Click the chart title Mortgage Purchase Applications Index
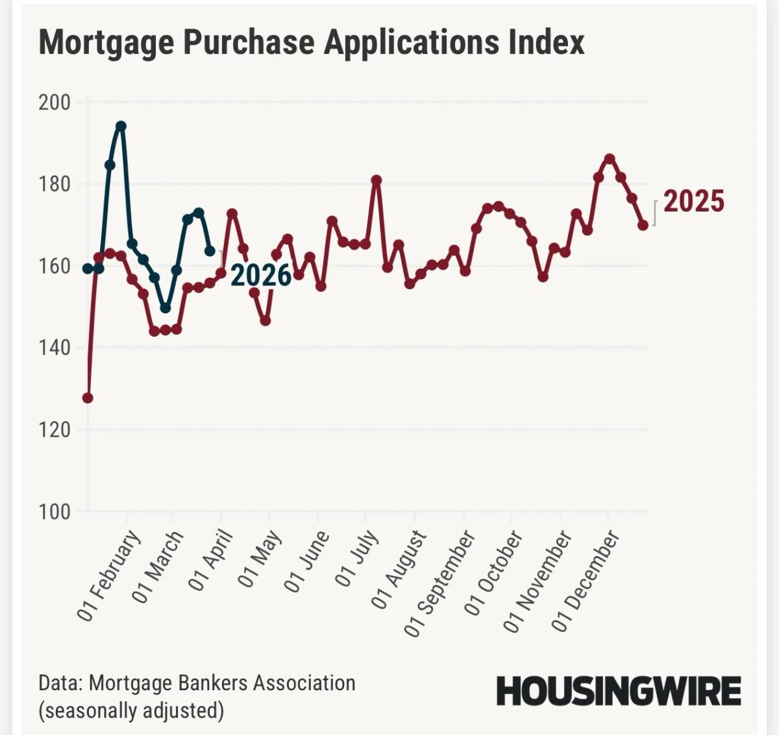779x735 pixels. click(x=312, y=42)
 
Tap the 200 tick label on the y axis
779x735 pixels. click(x=55, y=102)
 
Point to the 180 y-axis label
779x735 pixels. click(x=55, y=184)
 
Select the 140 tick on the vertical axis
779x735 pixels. click(x=55, y=348)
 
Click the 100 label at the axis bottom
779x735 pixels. click(x=55, y=512)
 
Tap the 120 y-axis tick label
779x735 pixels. click(x=55, y=429)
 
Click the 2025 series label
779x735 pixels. click(x=693, y=202)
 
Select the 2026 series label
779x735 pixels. click(x=261, y=276)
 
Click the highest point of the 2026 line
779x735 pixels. click(x=121, y=126)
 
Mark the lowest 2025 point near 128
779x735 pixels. click(x=88, y=398)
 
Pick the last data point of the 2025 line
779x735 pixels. click(x=643, y=225)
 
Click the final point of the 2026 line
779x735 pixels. click(x=210, y=250)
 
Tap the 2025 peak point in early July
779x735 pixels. click(x=376, y=180)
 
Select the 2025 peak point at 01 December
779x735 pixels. click(x=610, y=158)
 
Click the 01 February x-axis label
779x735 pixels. click(x=109, y=575)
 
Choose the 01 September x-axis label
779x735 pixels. click(x=440, y=583)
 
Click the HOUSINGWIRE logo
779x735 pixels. click(x=618, y=692)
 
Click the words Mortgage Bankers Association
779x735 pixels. click(x=221, y=683)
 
